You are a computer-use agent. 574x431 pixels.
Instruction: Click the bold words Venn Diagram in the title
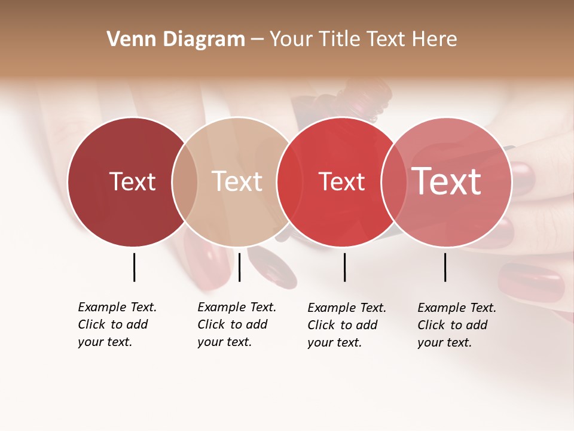[176, 40]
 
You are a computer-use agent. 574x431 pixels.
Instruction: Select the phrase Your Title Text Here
[363, 40]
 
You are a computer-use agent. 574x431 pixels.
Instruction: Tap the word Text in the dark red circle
[132, 181]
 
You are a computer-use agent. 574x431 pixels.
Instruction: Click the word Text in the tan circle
[237, 181]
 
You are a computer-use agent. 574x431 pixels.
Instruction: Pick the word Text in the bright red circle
[341, 181]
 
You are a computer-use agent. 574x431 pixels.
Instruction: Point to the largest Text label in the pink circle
[447, 181]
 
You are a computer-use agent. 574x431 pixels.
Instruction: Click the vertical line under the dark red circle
[135, 267]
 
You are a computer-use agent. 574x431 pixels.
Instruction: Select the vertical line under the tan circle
[239, 267]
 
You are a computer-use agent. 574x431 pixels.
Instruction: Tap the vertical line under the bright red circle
[344, 267]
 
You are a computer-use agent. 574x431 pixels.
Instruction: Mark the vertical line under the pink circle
[445, 267]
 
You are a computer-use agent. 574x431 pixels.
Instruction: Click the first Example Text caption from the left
[117, 324]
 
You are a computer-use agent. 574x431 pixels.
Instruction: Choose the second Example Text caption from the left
[236, 324]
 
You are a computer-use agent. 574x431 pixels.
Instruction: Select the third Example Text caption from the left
[346, 325]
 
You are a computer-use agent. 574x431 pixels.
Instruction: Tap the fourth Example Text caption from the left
[456, 325]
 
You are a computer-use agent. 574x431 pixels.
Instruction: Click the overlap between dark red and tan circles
[185, 181]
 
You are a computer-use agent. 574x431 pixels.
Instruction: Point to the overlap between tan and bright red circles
[289, 181]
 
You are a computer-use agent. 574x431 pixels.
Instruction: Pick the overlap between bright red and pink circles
[394, 181]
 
